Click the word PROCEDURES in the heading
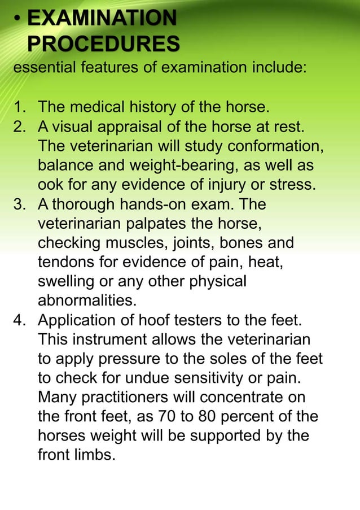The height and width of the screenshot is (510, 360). [103, 43]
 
